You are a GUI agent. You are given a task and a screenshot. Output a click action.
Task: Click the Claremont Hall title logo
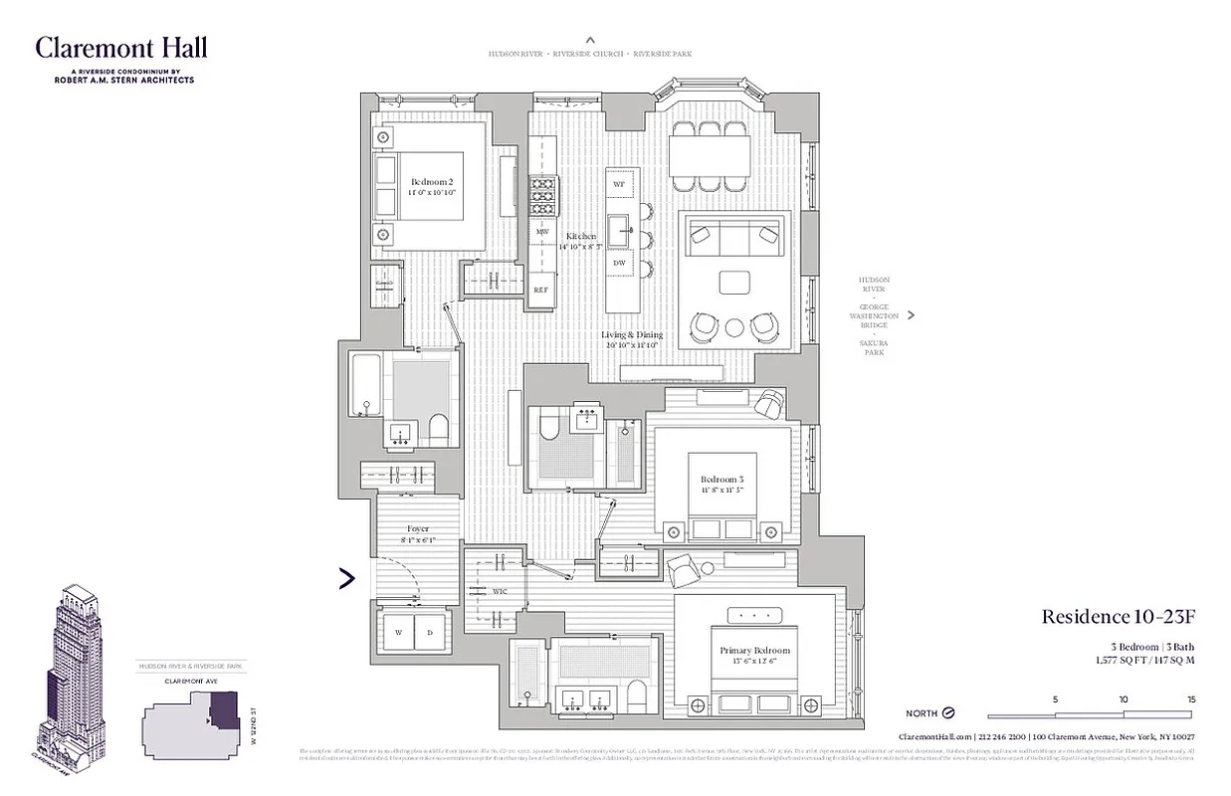pos(121,48)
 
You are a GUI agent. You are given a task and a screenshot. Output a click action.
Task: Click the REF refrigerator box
pos(541,290)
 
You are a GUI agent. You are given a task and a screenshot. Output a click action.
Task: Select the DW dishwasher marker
pos(619,263)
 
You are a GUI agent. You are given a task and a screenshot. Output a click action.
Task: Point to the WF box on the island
pos(619,185)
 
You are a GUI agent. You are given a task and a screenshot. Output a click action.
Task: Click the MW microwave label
pos(541,232)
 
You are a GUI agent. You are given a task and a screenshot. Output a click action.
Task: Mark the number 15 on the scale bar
pos(1189,699)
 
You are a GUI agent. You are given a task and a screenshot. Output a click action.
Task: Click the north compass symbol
pos(947,713)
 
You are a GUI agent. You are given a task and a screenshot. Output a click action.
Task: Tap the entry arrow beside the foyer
pos(347,578)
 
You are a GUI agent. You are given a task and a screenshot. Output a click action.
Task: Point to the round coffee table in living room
pos(734,326)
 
